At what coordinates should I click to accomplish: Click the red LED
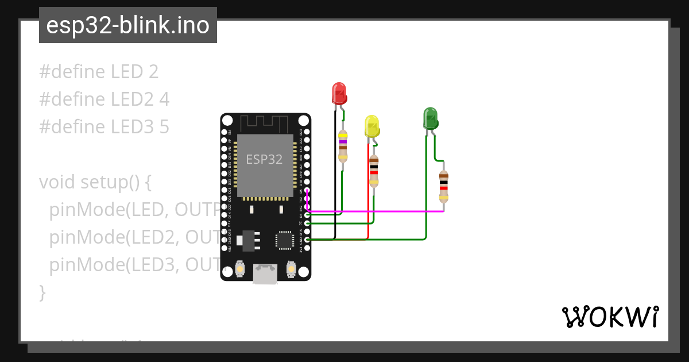[x=339, y=93]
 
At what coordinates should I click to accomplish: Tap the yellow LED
[x=372, y=126]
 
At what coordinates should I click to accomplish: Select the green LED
[x=430, y=118]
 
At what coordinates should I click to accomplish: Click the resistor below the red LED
[x=343, y=145]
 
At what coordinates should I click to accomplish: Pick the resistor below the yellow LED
[x=374, y=171]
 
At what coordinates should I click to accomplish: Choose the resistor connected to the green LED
[x=443, y=186]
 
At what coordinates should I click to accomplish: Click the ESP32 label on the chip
[x=265, y=159]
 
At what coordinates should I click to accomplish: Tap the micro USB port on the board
[x=265, y=274]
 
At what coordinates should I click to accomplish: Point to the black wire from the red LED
[x=335, y=172]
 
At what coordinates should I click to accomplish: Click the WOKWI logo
[x=610, y=317]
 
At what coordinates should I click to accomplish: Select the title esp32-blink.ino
[x=127, y=25]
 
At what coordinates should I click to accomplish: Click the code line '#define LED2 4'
[x=104, y=99]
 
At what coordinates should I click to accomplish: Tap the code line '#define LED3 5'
[x=104, y=127]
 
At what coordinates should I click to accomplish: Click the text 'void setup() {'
[x=95, y=182]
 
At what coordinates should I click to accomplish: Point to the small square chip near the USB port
[x=284, y=240]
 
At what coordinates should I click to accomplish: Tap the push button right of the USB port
[x=291, y=268]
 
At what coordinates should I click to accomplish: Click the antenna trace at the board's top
[x=264, y=122]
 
